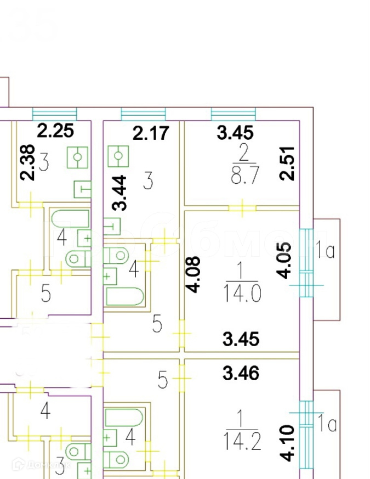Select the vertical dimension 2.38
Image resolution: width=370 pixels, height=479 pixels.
pos(28,162)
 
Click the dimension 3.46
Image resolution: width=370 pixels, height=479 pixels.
pos(241,374)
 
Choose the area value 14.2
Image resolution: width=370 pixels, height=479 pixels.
pos(242,439)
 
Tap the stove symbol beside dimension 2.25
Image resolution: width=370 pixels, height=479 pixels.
pos(77,157)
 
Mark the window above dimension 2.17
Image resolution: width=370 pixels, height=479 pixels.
pos(143,114)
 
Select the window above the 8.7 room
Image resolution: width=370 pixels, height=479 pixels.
pos(233,114)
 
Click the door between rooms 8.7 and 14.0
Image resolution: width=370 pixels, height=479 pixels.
pos(242,208)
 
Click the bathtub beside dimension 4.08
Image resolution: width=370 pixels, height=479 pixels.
pos(124,297)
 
